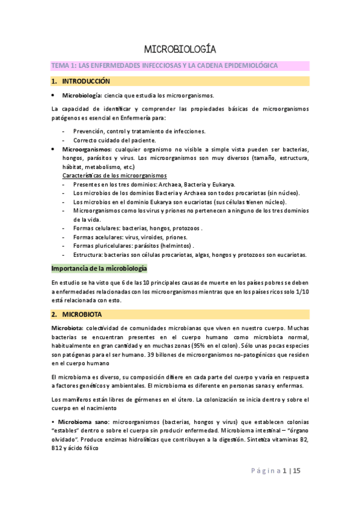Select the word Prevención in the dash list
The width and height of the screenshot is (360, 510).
coord(89,131)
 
